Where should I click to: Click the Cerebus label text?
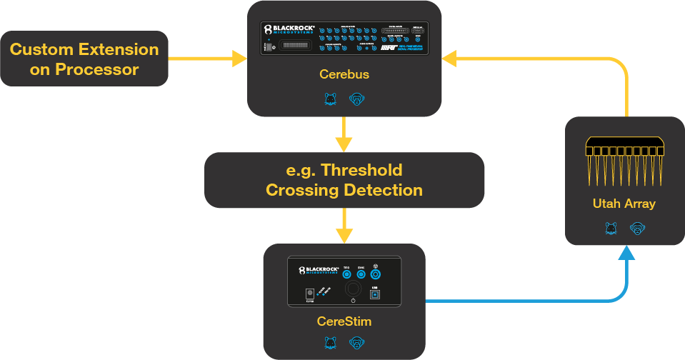click(344, 74)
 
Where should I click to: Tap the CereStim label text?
click(344, 321)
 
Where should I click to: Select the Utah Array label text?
click(624, 204)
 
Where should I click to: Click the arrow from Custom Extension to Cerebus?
click(207, 59)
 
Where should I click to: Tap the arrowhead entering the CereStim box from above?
click(344, 236)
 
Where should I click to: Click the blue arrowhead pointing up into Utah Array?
click(626, 252)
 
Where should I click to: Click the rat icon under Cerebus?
click(331, 99)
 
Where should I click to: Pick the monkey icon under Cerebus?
click(356, 99)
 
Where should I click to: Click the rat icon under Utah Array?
click(611, 229)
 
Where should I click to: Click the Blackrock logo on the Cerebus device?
click(289, 30)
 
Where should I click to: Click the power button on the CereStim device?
click(352, 289)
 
